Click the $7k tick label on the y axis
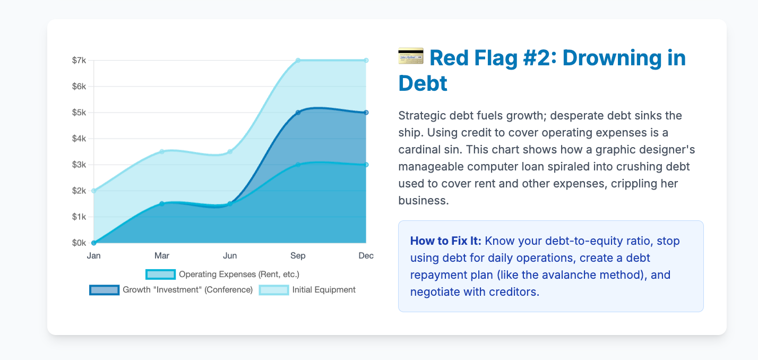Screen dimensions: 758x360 [79, 60]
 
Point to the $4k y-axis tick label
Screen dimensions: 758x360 [79, 139]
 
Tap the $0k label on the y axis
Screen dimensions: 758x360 [79, 243]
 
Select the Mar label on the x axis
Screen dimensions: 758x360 [162, 255]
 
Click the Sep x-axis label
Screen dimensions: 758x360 [298, 255]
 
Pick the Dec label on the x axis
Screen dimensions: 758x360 [366, 255]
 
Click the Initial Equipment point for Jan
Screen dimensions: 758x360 [94, 191]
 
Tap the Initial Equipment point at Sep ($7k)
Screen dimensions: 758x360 [298, 60]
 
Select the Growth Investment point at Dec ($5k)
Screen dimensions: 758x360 [366, 113]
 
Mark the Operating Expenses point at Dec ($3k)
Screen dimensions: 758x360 [366, 165]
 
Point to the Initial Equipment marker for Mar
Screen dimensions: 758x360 [162, 151]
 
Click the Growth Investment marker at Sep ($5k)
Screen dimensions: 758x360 [298, 113]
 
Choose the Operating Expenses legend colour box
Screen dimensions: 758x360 [160, 275]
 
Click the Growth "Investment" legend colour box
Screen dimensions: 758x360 [104, 290]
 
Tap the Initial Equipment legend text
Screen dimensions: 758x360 [324, 289]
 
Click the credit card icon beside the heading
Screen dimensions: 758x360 [411, 56]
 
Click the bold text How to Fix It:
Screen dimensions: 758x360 [446, 241]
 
